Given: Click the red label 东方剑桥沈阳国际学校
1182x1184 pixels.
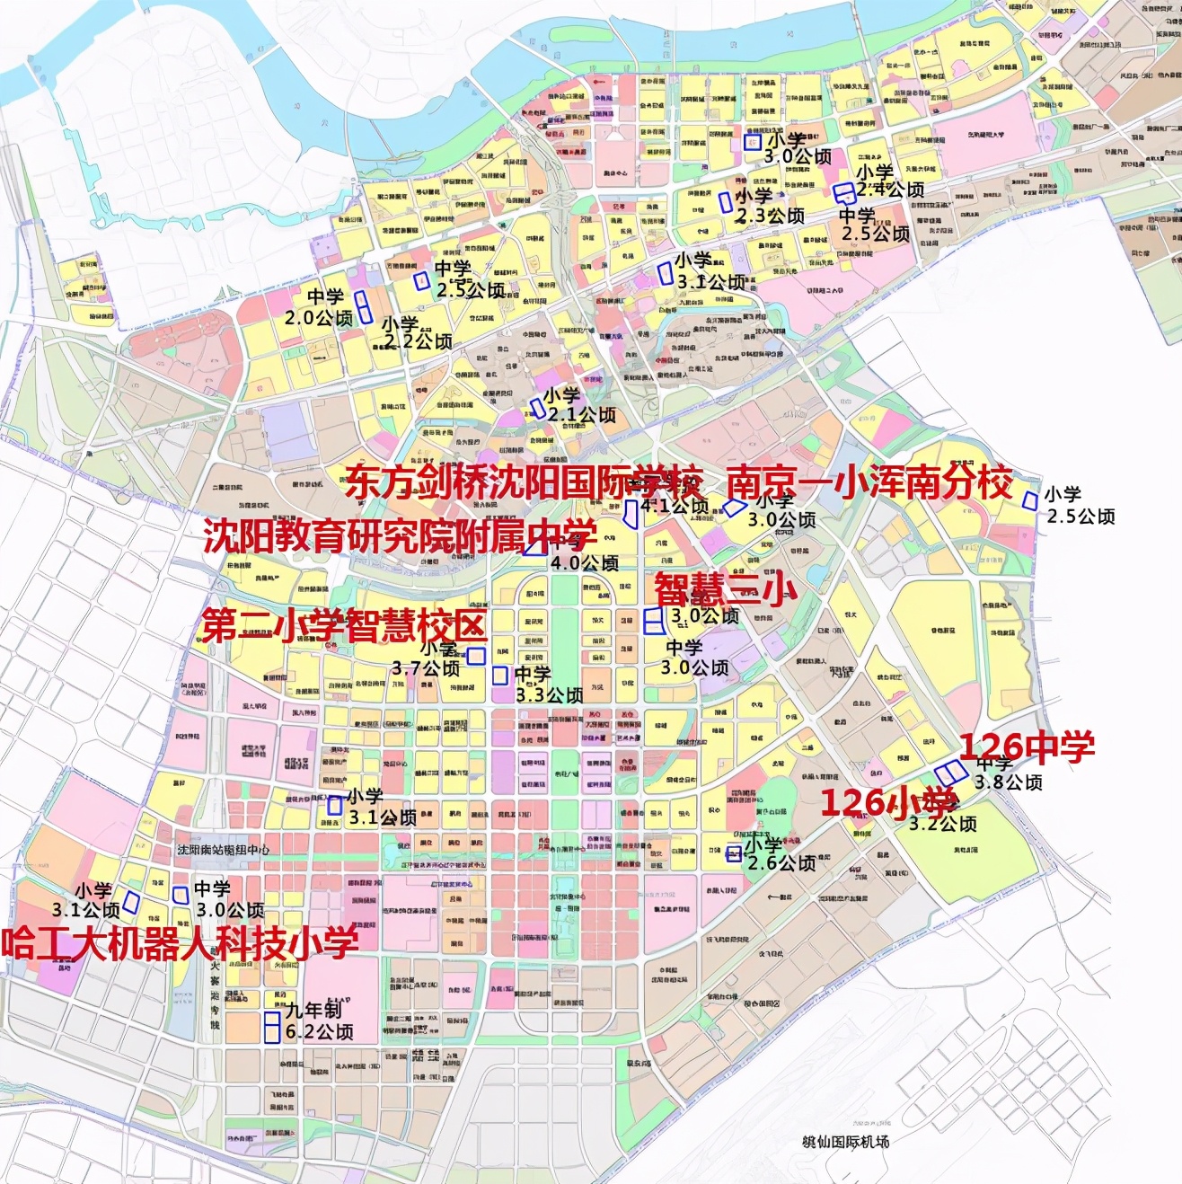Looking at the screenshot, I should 523,483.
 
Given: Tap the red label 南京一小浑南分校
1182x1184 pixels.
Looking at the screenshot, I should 869,482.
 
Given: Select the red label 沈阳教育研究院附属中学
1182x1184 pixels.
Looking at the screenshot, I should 399,536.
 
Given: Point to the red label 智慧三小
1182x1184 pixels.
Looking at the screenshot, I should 725,589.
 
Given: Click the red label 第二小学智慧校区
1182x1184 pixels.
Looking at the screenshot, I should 343,626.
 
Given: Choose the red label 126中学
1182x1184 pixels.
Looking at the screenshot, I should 1028,747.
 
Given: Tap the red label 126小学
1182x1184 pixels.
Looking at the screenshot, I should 887,801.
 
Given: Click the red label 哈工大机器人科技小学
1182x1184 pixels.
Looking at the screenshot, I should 180,943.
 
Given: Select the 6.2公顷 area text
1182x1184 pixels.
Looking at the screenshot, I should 320,1032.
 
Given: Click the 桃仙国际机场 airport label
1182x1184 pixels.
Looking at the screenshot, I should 845,1142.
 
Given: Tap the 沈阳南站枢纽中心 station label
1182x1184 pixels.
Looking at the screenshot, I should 223,849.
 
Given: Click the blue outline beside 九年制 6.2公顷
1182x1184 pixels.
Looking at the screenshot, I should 271,1027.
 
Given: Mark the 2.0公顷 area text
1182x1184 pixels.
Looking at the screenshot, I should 319,318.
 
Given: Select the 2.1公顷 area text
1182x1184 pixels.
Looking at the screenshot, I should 582,415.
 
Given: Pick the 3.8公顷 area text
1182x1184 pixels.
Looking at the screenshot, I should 1009,782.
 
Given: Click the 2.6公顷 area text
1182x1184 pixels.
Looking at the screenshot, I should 782,863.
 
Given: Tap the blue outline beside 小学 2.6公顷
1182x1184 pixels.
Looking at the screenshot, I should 734,853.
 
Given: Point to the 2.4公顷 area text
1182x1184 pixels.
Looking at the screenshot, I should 890,190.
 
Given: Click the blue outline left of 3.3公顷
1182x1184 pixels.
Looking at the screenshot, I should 500,676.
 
